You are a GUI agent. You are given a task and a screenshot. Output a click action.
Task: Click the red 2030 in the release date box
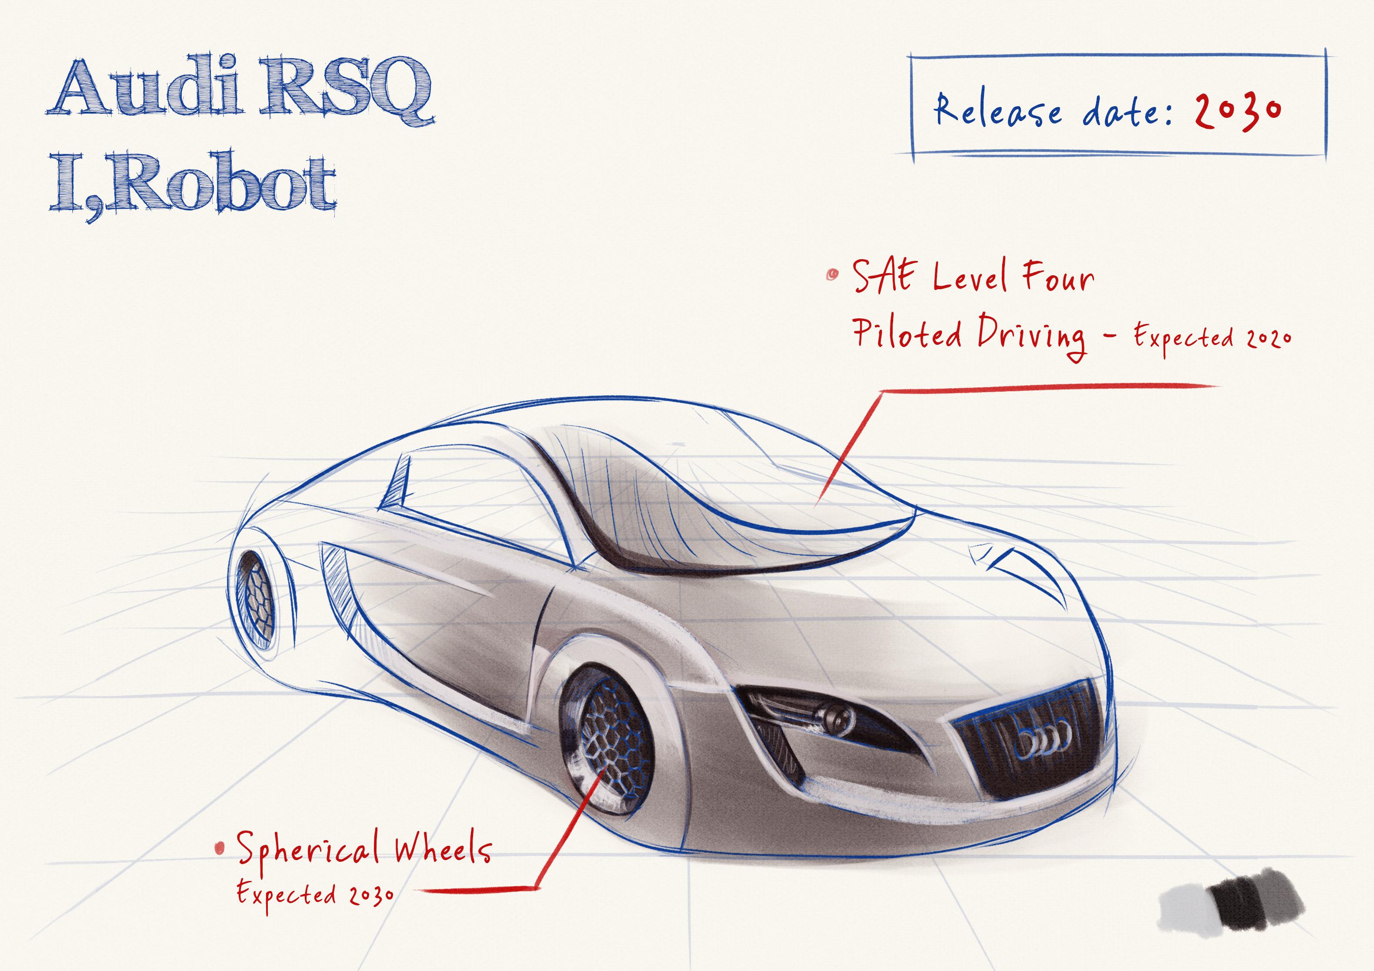1237,111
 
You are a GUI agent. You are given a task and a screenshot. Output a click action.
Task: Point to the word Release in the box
998,111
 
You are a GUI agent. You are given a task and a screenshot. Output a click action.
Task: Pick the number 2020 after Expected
1269,339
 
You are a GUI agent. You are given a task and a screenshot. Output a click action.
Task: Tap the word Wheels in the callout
443,848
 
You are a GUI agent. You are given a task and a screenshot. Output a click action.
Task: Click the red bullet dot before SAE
832,275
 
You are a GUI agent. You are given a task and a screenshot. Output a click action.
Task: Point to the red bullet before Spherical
220,847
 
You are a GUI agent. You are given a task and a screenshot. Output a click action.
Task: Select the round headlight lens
835,715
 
